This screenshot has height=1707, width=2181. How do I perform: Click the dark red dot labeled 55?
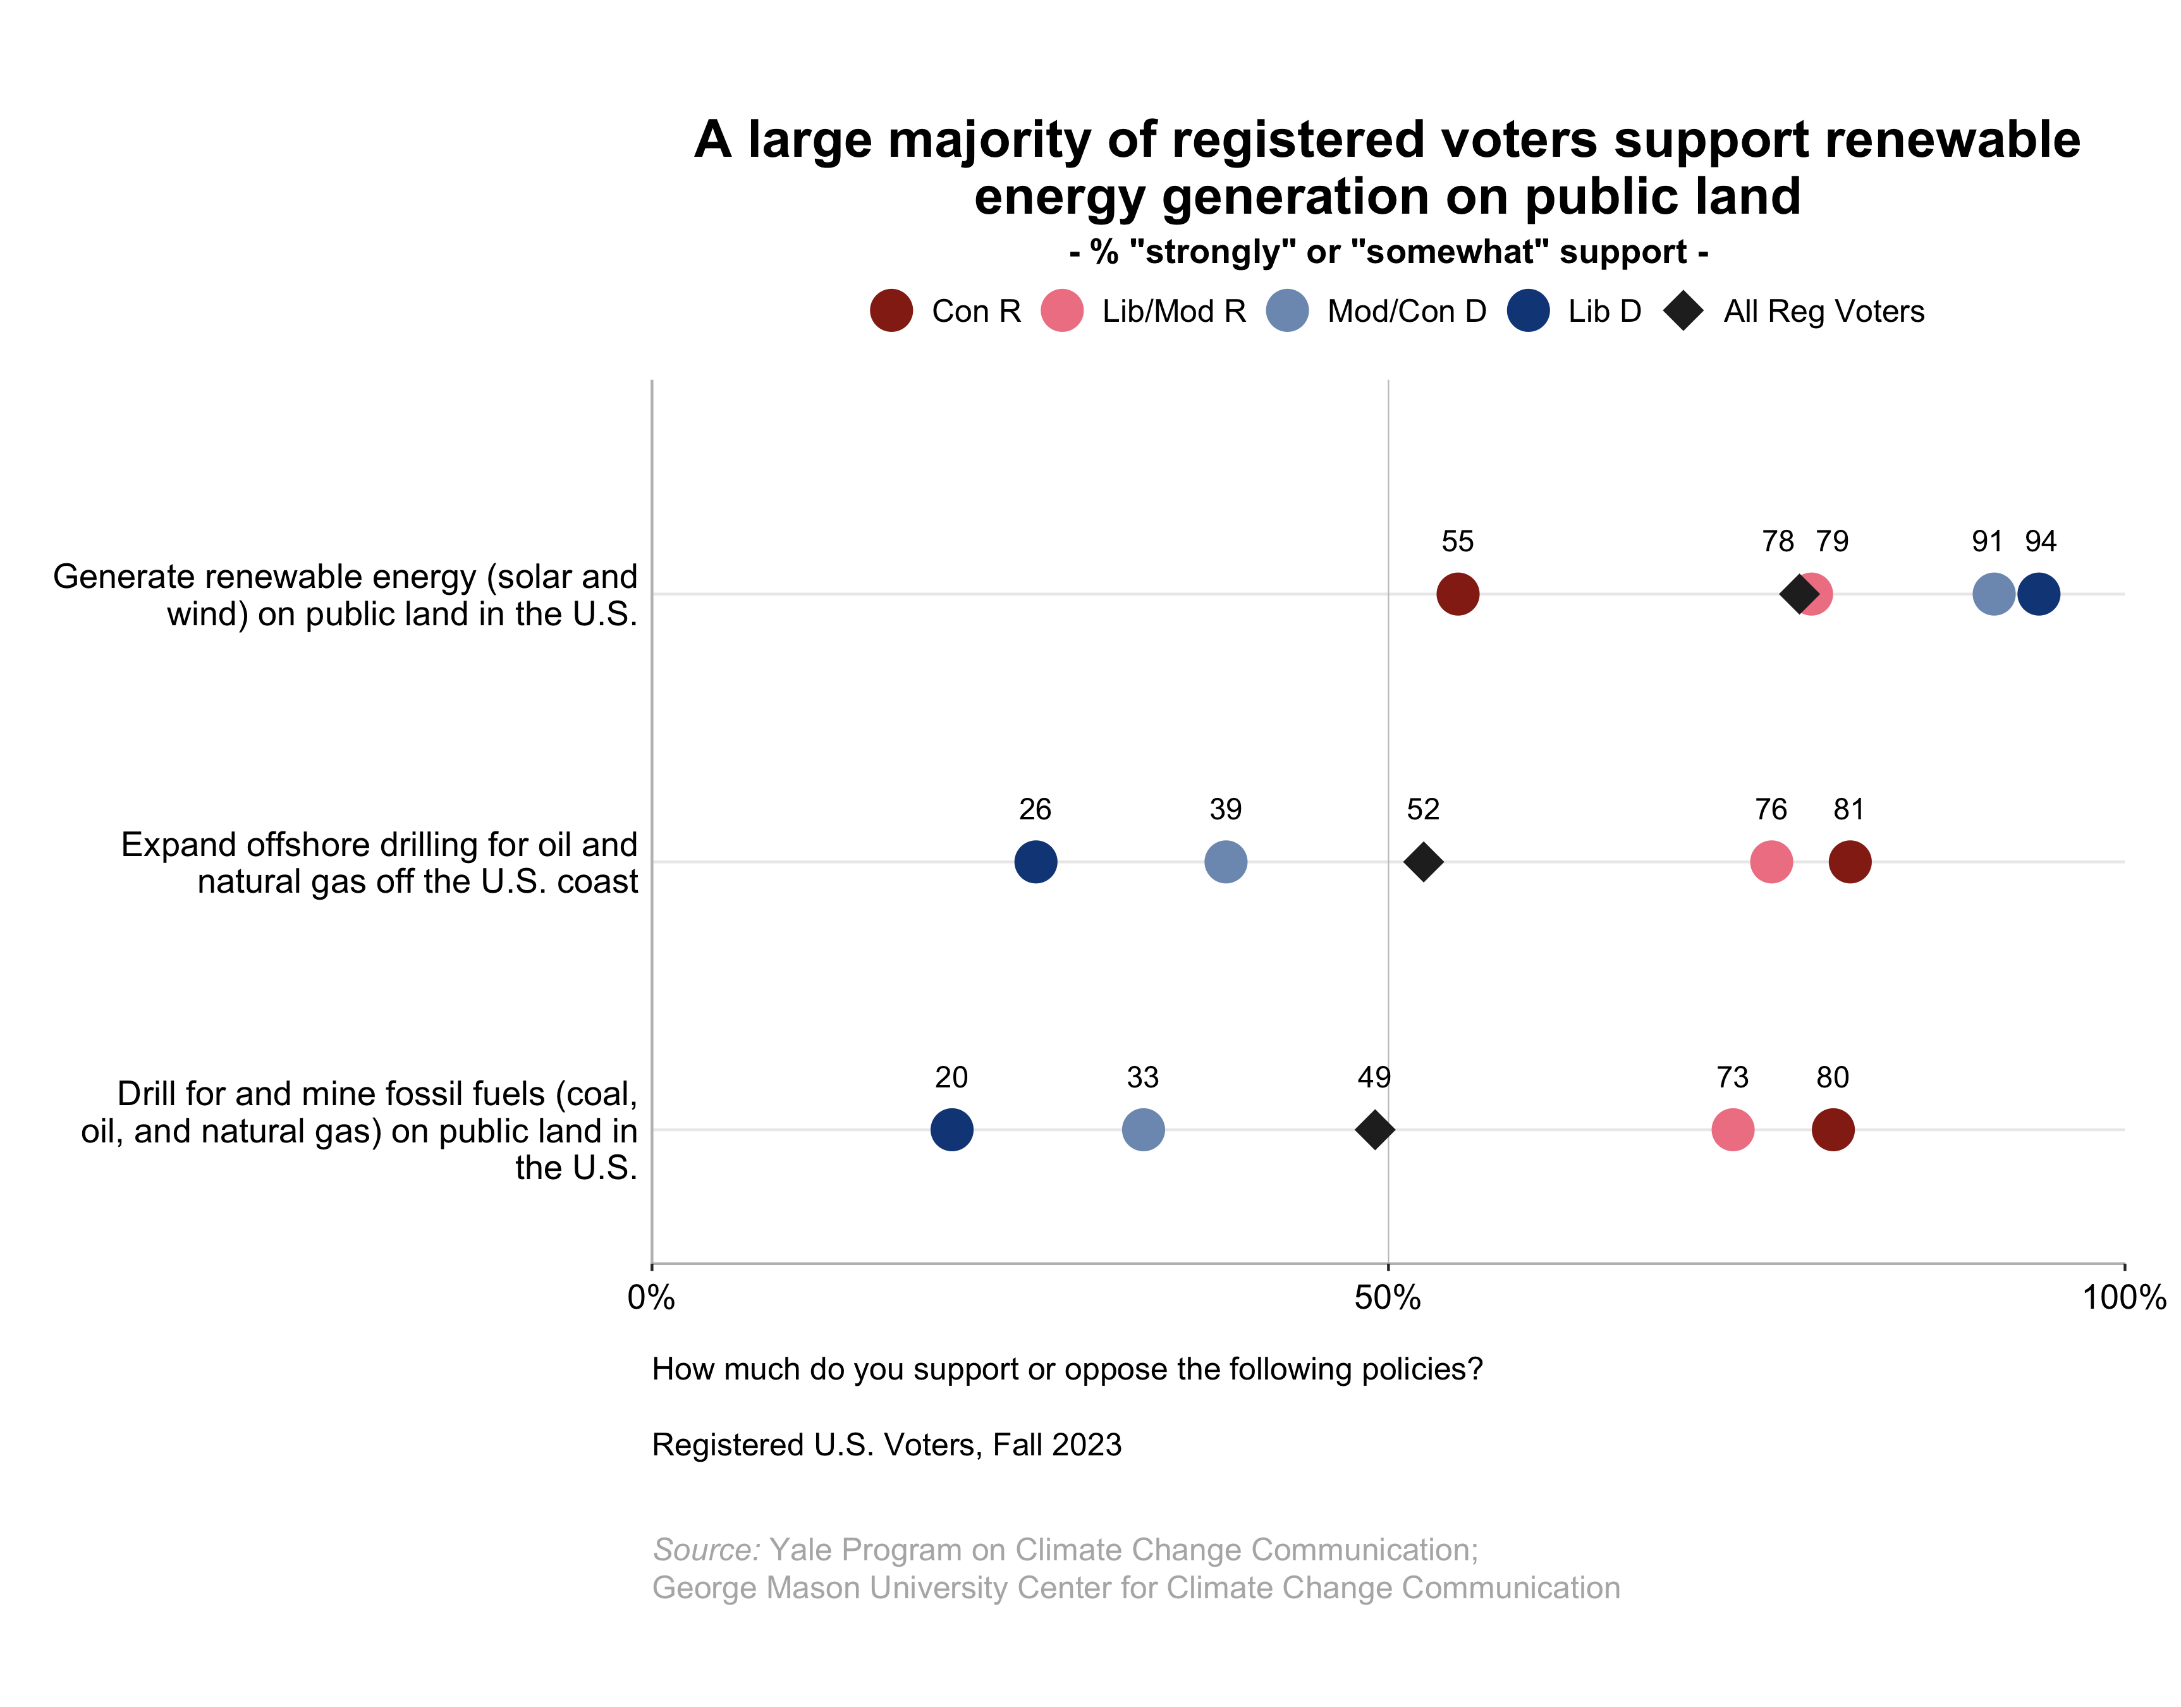(x=1458, y=594)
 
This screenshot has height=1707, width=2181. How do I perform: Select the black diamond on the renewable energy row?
(x=1799, y=594)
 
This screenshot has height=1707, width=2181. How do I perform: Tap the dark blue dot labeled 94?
(x=2038, y=594)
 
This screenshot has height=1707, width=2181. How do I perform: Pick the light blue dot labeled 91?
(x=1993, y=594)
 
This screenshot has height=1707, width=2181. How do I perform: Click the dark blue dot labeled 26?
(x=1035, y=862)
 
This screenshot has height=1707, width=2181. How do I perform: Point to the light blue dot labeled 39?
(x=1226, y=862)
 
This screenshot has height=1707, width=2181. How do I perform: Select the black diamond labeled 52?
(x=1422, y=862)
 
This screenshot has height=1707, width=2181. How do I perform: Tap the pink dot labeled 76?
(x=1771, y=862)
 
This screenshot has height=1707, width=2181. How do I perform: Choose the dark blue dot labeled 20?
(x=951, y=1129)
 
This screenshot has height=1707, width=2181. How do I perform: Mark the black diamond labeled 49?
(x=1375, y=1129)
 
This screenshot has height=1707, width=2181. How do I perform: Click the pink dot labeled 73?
(x=1732, y=1129)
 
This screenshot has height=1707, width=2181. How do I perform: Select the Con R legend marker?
(x=891, y=311)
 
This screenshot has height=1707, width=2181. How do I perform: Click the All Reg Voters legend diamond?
(x=1683, y=311)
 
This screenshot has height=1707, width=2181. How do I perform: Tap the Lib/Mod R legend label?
(x=1174, y=312)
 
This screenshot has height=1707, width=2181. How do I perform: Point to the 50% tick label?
(x=1388, y=1298)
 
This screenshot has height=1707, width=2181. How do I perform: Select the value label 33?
(x=1143, y=1077)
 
